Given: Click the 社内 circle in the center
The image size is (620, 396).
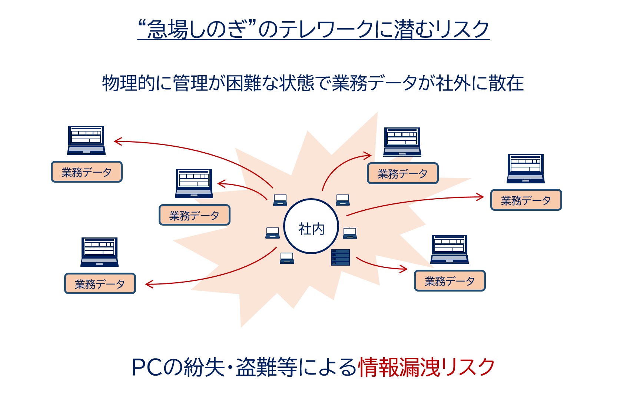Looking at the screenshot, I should (311, 226).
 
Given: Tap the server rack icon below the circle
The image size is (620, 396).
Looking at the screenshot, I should (340, 257).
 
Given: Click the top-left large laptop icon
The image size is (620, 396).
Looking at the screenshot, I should (86, 140).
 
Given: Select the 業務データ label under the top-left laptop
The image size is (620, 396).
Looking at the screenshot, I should (86, 172).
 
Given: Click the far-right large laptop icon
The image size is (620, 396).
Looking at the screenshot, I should (525, 169).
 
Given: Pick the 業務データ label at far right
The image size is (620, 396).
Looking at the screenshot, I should (526, 200).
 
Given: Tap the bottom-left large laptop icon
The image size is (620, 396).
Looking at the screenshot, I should (99, 252).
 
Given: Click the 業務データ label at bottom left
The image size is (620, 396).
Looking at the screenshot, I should (100, 284).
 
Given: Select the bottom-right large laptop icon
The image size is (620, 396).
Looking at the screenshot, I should (449, 249).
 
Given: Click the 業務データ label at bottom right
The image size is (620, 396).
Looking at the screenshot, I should (450, 281).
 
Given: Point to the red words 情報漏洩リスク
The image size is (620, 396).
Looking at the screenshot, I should (426, 367).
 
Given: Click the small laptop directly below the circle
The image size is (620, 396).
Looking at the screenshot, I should (287, 258).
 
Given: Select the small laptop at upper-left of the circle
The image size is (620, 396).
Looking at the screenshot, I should (280, 200).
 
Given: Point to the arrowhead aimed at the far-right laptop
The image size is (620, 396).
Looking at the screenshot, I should (481, 197).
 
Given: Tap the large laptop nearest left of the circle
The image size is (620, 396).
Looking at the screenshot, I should (194, 183).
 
